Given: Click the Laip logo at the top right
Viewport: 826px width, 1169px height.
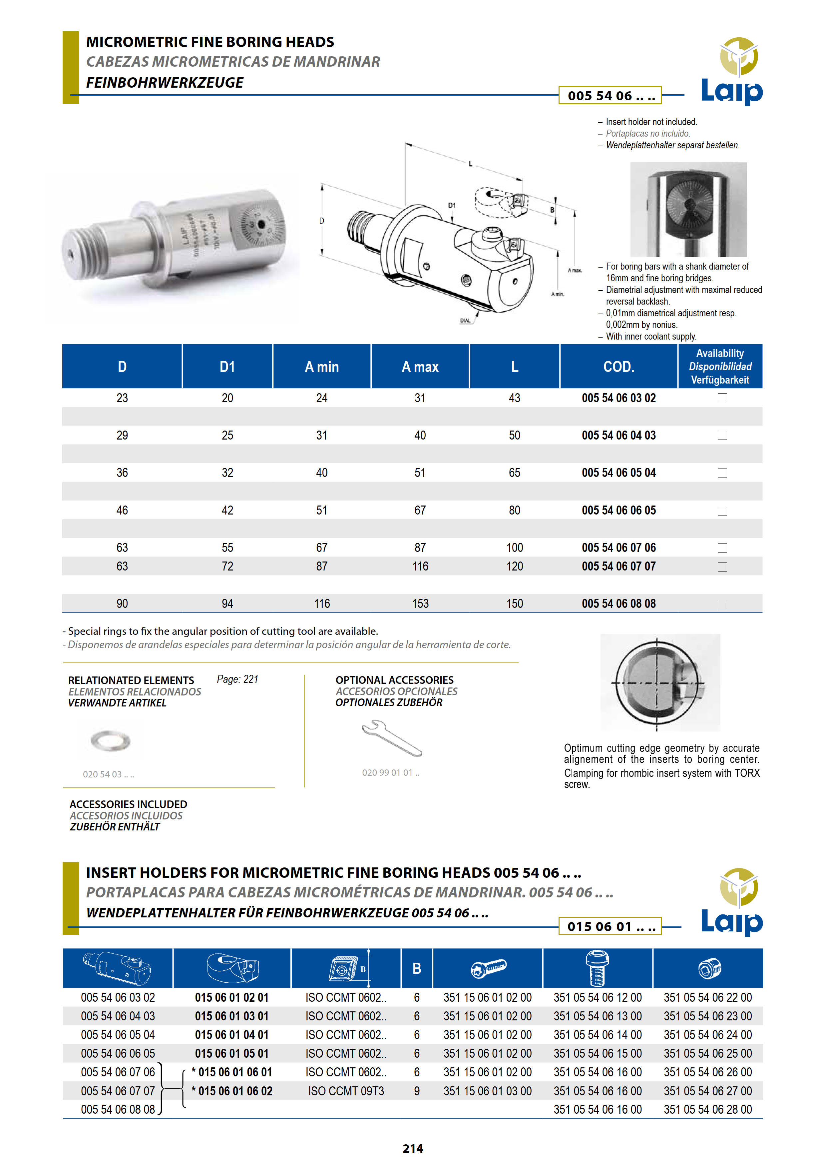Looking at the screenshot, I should (732, 71).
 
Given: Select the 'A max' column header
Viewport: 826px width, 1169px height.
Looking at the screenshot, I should (420, 367).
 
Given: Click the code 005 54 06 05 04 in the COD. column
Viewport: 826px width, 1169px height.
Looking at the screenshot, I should (619, 473).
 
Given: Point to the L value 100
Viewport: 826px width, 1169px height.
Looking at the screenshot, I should (515, 547).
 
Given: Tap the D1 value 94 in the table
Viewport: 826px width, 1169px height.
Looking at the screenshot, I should (227, 603).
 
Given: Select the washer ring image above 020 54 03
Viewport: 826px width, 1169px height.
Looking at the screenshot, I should (111, 740).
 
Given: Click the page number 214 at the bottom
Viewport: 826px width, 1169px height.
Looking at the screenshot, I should (413, 1148).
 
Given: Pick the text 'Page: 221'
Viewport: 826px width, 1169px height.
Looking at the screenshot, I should (237, 679).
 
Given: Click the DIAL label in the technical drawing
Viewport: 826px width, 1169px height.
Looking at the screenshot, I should (465, 320).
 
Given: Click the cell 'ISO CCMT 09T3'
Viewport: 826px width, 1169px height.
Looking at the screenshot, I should (346, 1091).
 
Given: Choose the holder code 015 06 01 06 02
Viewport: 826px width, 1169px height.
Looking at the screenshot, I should (235, 1091).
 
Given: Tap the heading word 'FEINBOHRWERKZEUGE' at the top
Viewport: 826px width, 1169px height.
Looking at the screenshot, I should (165, 83).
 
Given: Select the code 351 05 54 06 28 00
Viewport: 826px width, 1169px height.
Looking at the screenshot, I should (707, 1109).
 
